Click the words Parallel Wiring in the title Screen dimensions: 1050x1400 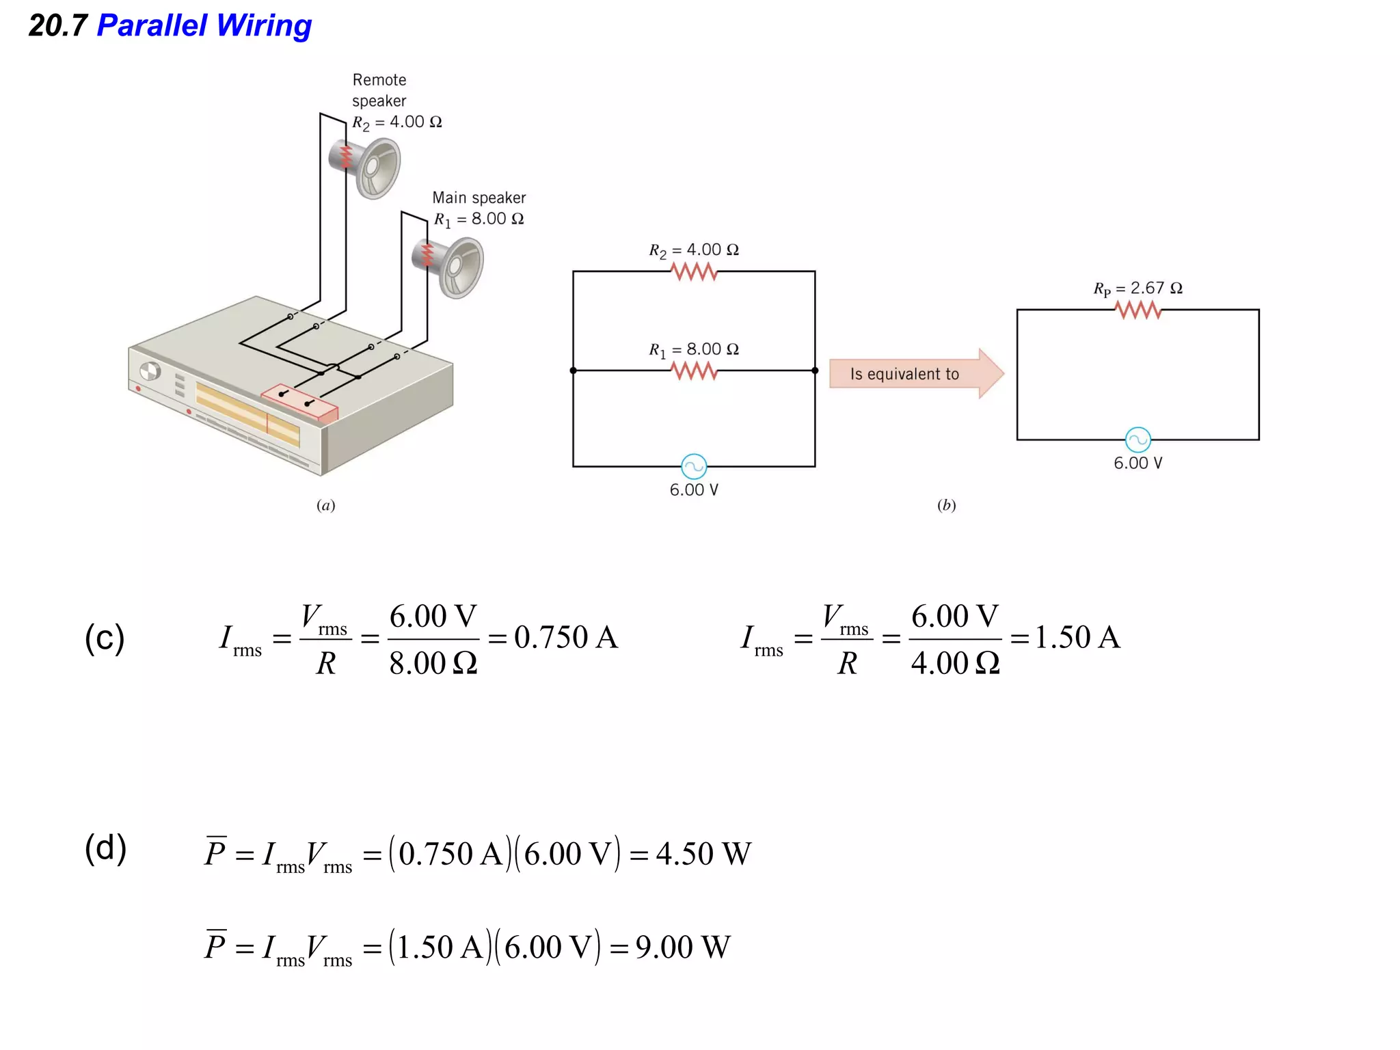coord(204,26)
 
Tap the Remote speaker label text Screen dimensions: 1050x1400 coord(379,90)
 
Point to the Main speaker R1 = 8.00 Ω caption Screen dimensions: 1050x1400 coord(479,208)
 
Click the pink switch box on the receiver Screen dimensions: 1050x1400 coord(299,403)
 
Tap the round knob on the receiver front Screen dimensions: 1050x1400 coord(150,371)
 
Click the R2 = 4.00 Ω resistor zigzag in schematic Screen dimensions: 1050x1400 coord(694,272)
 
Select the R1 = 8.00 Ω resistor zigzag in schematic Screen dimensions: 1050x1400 coord(694,371)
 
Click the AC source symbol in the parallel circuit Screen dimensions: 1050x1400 coord(694,467)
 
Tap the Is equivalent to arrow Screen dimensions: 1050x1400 coord(915,374)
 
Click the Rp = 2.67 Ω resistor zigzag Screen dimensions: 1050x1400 coord(1137,310)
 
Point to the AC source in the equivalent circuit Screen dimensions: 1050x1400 coord(1137,440)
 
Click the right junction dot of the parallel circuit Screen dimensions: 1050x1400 coord(815,371)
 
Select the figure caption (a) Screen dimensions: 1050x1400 coord(326,505)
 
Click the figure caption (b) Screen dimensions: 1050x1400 coord(946,505)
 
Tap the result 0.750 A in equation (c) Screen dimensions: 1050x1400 coord(565,637)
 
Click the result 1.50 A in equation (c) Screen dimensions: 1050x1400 coord(1077,637)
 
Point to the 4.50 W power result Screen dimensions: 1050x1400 coord(703,854)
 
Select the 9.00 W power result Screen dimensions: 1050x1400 coord(682,947)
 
